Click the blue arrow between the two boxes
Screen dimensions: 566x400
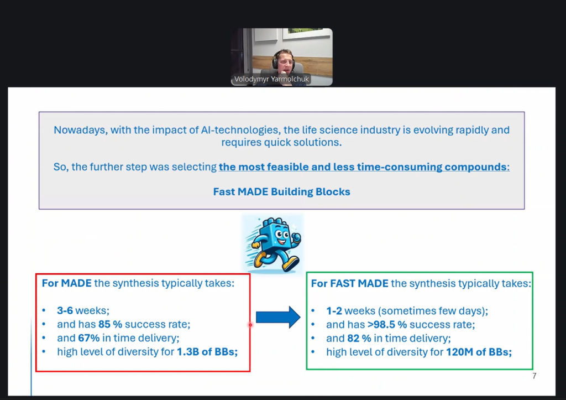pos(277,317)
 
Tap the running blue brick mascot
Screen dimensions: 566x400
pos(273,245)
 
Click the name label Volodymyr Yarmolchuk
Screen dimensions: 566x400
pos(271,79)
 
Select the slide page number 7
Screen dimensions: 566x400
pos(534,376)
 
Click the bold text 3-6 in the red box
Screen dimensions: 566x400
pos(65,310)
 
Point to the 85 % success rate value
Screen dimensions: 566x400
pos(110,324)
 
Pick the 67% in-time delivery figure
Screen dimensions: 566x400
pos(89,338)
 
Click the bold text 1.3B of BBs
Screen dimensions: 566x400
pos(207,351)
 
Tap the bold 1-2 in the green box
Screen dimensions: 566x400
pos(334,311)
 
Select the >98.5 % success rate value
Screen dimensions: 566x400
pos(387,324)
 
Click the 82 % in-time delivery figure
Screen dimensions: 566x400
pos(359,338)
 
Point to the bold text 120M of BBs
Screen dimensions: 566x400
pos(479,352)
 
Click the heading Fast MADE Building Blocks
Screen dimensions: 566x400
pos(281,191)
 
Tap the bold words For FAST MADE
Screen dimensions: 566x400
pos(350,283)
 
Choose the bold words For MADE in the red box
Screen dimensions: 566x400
pos(67,283)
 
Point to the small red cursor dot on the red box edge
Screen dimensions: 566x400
pos(250,325)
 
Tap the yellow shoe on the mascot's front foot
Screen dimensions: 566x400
pos(291,264)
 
